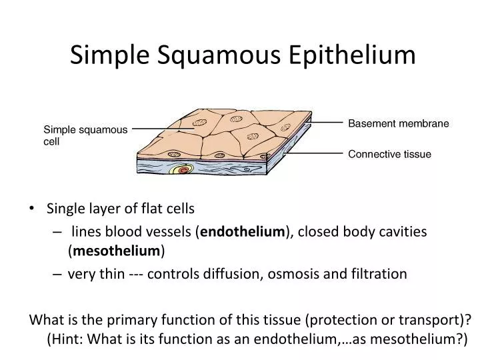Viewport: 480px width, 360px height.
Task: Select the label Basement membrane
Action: point(399,124)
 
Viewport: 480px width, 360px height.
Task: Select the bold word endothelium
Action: point(243,232)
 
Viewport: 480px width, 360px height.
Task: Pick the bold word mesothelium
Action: point(116,251)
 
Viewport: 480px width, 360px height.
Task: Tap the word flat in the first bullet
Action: point(143,209)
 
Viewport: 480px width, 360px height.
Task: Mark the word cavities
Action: point(403,232)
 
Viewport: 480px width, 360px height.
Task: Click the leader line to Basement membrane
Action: point(327,123)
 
